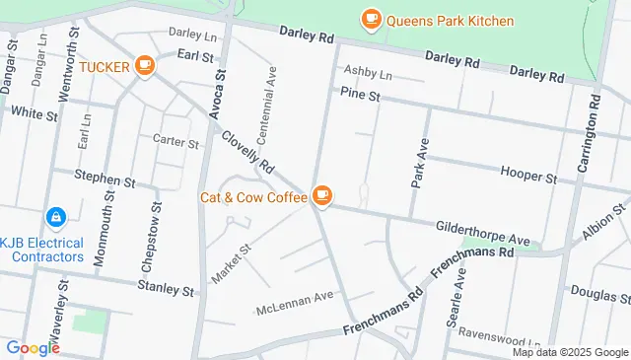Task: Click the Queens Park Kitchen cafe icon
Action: (371, 19)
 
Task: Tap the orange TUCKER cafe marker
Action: (145, 65)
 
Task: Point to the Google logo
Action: (33, 347)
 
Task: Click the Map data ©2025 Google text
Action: (569, 352)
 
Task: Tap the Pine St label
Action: (359, 95)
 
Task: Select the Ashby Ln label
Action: (368, 74)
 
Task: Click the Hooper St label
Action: (529, 179)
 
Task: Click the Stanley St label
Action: (166, 290)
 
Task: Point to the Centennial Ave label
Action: (267, 101)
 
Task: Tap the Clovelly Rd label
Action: (246, 154)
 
